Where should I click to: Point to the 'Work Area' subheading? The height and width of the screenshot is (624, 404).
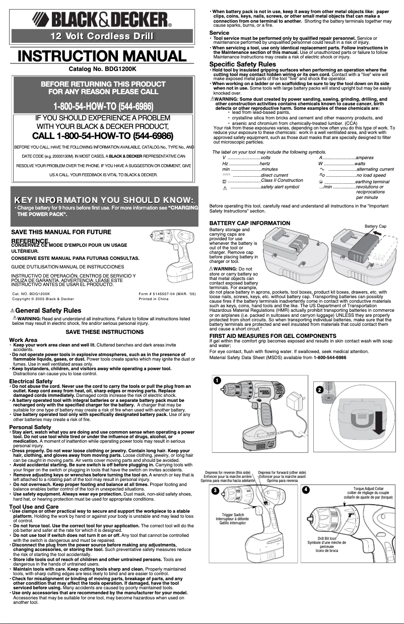[x=23, y=340]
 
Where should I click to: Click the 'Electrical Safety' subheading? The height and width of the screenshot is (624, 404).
[x=31, y=381]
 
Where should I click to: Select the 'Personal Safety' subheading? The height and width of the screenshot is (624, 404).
[x=29, y=427]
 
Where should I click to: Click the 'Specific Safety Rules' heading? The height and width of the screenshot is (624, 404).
[x=242, y=64]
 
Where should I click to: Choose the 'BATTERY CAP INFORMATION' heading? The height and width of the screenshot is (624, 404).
[x=249, y=223]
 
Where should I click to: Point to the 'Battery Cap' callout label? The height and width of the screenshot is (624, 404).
[x=375, y=227]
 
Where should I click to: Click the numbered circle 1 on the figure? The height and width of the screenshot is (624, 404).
[x=217, y=380]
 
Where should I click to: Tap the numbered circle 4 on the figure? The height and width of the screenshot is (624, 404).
[x=306, y=489]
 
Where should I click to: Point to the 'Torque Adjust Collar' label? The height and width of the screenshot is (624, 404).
[x=368, y=489]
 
